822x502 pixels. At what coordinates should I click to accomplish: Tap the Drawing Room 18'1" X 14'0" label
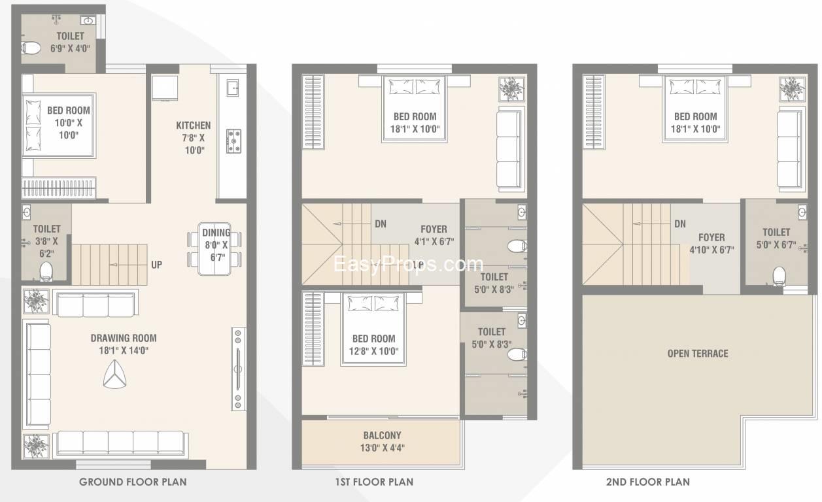tap(124, 344)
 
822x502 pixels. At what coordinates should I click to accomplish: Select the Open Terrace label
tap(698, 354)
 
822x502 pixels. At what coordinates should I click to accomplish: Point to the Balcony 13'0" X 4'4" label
tap(383, 441)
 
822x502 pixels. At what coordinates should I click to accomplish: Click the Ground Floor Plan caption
tap(133, 482)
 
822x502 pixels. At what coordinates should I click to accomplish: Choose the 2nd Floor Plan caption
tap(647, 482)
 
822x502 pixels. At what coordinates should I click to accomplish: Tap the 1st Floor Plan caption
tap(374, 482)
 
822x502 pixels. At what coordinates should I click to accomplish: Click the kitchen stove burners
tap(233, 141)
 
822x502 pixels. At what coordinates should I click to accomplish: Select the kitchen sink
tap(233, 88)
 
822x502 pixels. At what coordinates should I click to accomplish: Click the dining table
tap(214, 248)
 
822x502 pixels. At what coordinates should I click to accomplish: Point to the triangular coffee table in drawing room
tap(115, 374)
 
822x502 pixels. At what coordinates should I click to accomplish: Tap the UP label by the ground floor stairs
tap(157, 265)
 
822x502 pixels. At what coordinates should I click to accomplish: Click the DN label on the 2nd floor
tap(680, 224)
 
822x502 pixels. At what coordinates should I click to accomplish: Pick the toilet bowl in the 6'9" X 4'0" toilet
tap(31, 48)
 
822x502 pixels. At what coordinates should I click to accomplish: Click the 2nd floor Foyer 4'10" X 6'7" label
tap(711, 243)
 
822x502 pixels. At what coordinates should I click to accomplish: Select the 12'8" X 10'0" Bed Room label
tap(373, 344)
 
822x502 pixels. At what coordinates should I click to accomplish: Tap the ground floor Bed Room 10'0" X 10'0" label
tap(69, 123)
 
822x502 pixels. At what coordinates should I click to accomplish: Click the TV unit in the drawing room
tap(238, 369)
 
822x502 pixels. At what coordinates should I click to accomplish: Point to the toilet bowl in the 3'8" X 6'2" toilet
tap(46, 271)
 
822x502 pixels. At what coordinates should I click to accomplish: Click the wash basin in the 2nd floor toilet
tap(802, 212)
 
